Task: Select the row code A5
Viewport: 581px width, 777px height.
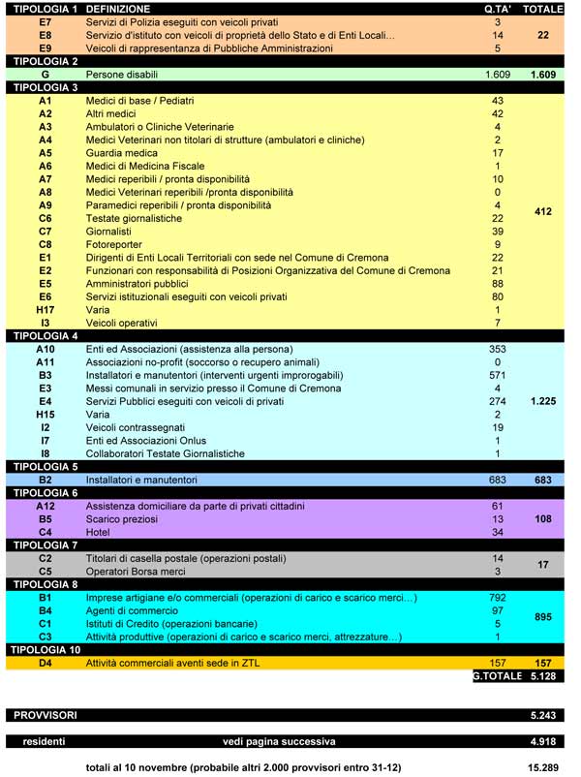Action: point(46,153)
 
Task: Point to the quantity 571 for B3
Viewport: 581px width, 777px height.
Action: point(498,375)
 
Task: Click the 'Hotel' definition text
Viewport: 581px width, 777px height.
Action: point(100,532)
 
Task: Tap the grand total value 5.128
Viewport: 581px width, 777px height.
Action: point(548,675)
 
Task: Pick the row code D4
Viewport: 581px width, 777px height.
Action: point(46,663)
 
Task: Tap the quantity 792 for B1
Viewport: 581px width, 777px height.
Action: point(498,598)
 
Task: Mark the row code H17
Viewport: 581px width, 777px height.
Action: point(46,310)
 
